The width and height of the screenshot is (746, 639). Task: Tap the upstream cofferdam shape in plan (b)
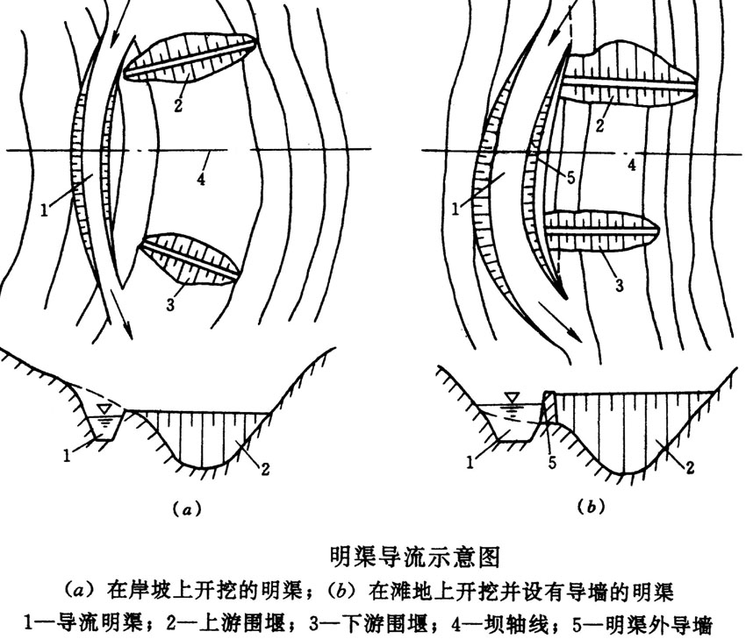coord(625,71)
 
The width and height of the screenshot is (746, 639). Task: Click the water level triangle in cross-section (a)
coord(105,408)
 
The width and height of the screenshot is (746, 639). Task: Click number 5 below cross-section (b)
coord(552,462)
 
